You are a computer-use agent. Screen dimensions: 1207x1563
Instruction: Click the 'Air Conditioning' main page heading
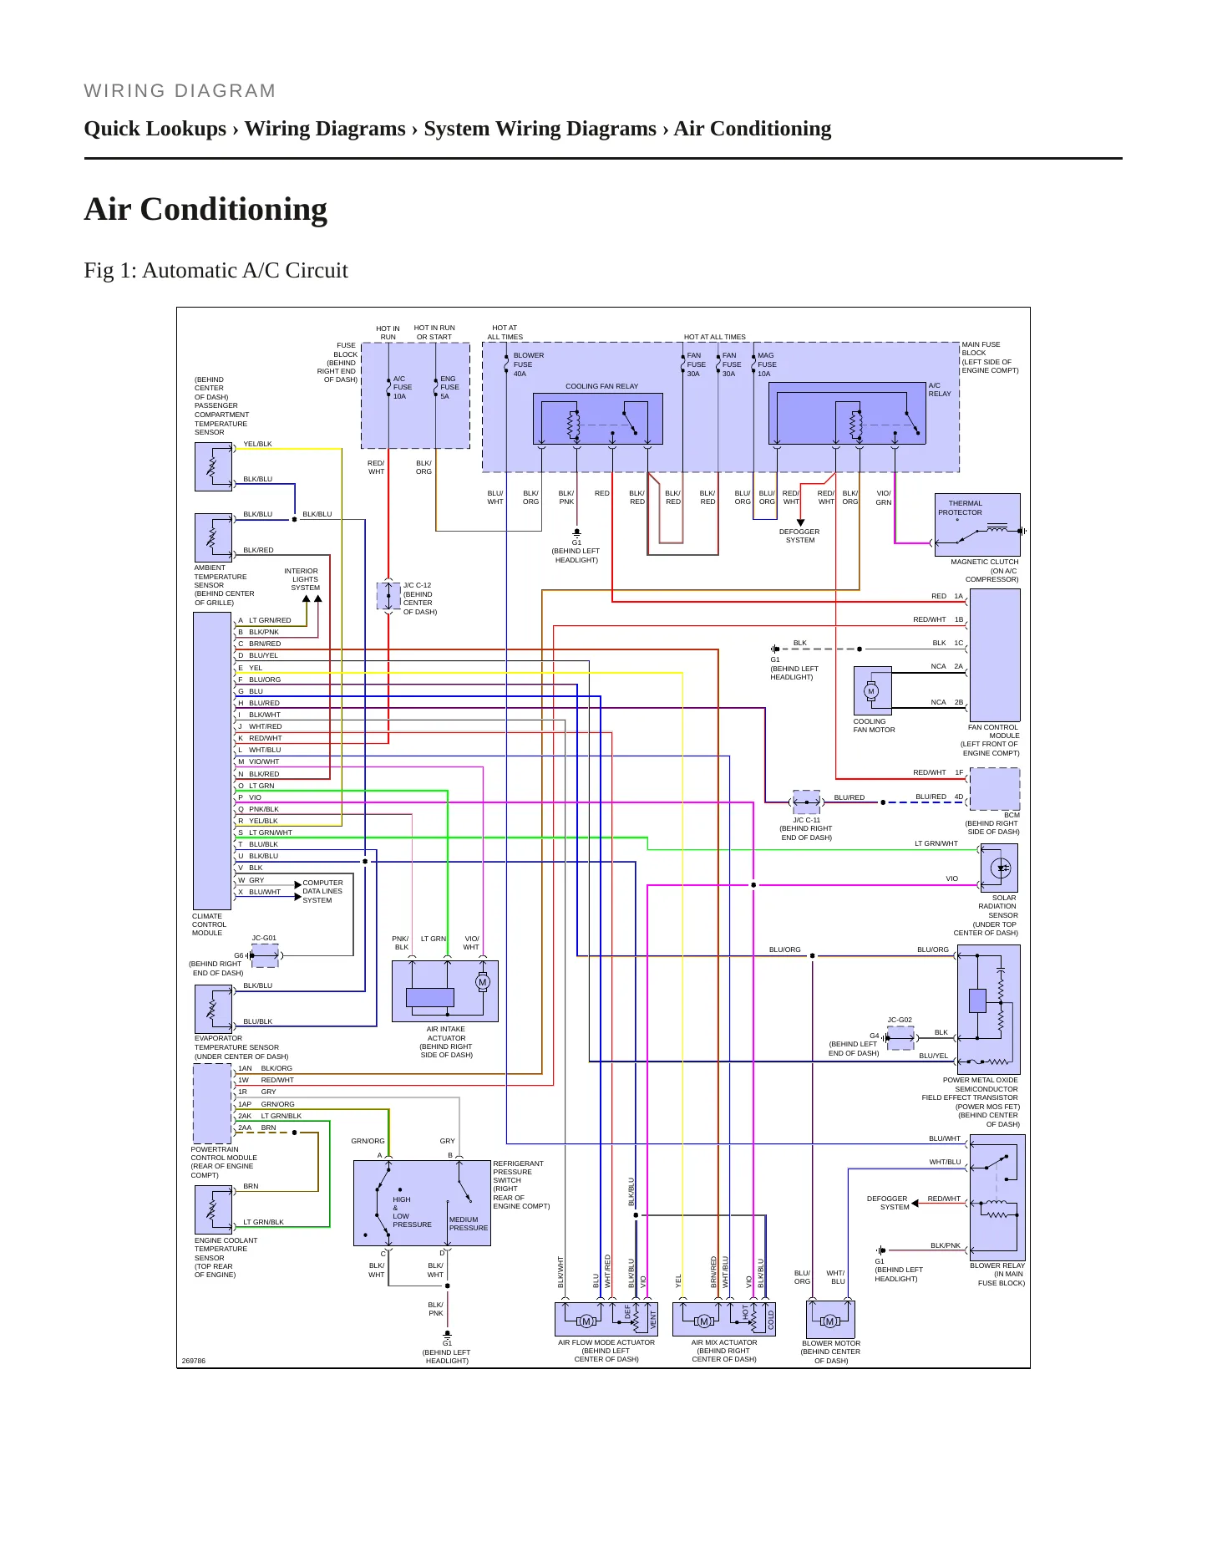205,209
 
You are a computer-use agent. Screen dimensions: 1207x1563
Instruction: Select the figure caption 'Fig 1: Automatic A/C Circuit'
216,271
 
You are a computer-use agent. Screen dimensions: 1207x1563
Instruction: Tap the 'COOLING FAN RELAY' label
601,386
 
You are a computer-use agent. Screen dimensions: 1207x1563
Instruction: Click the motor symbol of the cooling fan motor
871,691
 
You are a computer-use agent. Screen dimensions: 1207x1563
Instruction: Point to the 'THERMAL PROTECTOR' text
961,508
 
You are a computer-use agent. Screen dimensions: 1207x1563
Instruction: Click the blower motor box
830,1320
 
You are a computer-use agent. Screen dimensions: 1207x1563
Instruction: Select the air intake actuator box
445,991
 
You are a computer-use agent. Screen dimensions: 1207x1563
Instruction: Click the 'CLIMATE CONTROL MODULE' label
209,924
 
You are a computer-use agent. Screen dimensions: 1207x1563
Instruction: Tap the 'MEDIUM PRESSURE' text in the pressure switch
468,1224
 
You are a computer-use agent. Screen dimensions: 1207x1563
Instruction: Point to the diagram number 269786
193,1361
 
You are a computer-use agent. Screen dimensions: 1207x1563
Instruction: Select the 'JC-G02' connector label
900,1020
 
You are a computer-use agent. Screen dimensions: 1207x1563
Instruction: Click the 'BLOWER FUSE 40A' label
528,364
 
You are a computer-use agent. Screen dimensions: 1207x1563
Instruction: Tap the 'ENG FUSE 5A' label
449,387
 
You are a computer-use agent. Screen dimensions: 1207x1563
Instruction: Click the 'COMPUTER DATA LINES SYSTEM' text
322,891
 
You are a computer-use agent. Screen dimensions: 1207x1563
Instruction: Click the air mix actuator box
724,1320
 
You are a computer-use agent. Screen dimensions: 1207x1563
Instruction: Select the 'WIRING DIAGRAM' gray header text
180,90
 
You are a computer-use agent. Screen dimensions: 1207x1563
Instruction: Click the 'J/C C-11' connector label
806,820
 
